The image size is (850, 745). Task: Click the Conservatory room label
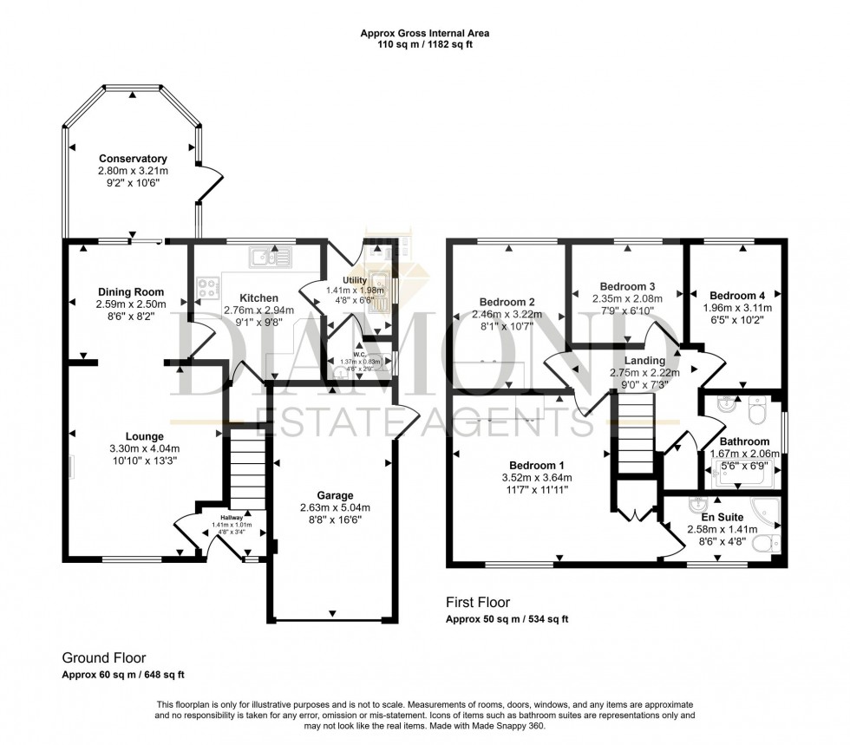coord(133,159)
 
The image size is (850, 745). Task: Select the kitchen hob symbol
coord(208,289)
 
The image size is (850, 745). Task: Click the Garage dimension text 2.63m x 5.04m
coord(334,508)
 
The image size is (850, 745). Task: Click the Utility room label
coord(355,280)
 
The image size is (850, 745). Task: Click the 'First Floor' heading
coord(478,602)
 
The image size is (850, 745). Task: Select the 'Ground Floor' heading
coord(100,658)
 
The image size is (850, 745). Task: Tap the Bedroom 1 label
coord(536,465)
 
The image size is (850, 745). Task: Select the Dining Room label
coord(131,291)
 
